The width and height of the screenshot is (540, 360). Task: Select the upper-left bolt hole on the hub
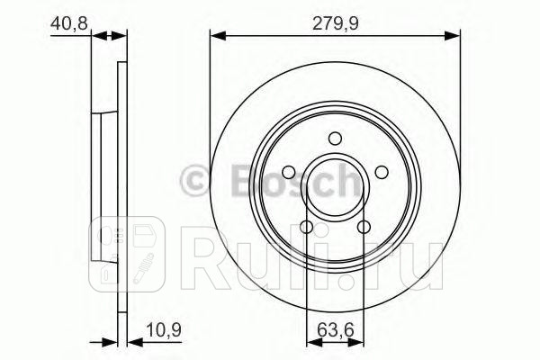288,172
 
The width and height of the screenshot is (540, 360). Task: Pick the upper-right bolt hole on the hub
382,172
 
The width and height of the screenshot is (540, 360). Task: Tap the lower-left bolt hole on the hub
306,227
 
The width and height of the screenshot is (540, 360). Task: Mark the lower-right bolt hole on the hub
364,227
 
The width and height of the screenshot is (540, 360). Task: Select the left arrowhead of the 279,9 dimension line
216,36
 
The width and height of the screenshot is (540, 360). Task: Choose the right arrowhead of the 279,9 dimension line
454,36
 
